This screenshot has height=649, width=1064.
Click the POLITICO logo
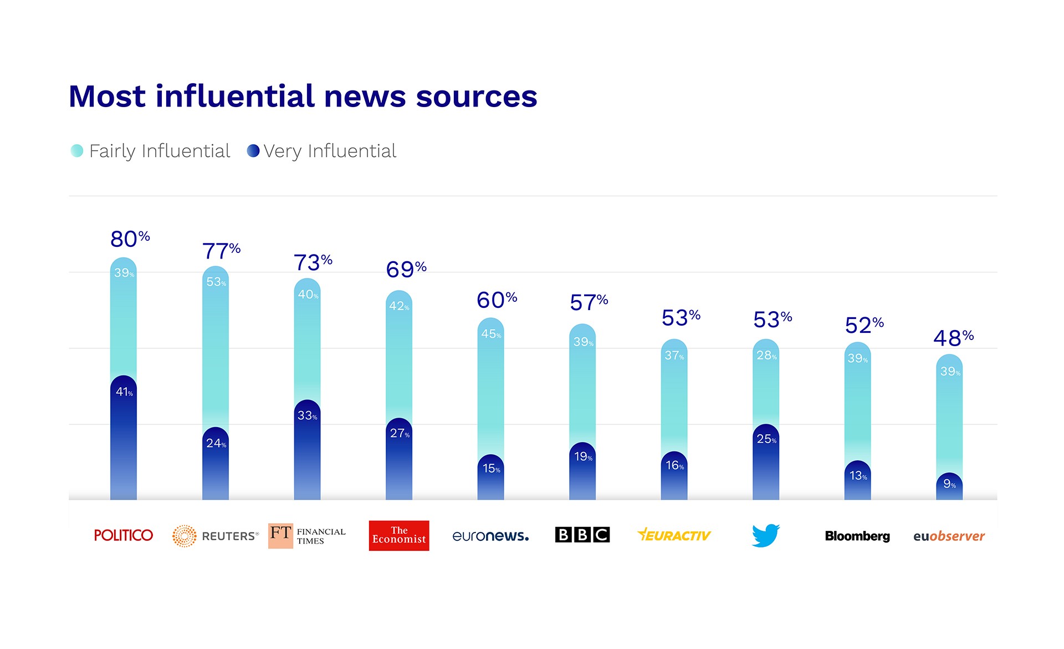[x=123, y=535]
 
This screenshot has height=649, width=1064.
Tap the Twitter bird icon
[x=766, y=535]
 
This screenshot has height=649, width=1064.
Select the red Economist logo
[x=399, y=535]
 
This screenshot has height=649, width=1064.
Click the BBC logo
[x=582, y=535]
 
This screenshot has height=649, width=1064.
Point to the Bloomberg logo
[x=857, y=536]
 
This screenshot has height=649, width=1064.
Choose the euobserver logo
[x=949, y=536]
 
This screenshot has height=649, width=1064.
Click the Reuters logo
[x=215, y=536]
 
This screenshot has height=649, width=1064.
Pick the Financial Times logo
[x=307, y=536]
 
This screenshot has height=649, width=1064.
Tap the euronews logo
[x=490, y=536]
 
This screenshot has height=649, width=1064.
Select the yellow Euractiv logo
[x=674, y=535]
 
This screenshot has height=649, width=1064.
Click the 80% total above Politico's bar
[x=130, y=239]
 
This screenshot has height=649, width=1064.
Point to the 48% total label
[x=953, y=338]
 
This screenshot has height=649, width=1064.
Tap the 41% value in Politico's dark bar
[x=124, y=392]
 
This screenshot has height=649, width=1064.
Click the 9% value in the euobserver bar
[x=949, y=484]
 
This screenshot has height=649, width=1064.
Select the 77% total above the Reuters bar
[x=221, y=251]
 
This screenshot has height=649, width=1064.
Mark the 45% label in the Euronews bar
[x=491, y=334]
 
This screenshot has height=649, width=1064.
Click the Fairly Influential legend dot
[x=77, y=151]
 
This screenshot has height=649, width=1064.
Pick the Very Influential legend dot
[x=253, y=151]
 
